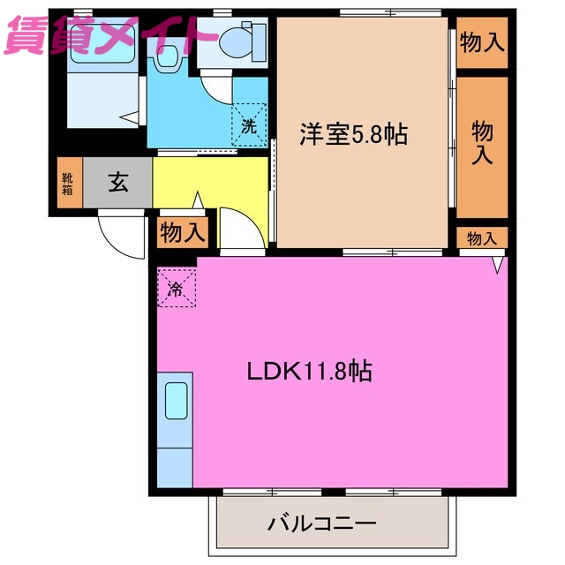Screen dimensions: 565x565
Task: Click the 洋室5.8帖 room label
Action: pyautogui.click(x=352, y=135)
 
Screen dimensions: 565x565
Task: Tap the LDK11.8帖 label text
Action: pyautogui.click(x=308, y=371)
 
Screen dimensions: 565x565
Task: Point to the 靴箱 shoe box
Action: pyautogui.click(x=68, y=184)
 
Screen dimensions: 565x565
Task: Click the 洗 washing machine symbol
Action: pyautogui.click(x=249, y=124)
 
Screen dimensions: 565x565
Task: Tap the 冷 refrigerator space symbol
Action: pyautogui.click(x=177, y=288)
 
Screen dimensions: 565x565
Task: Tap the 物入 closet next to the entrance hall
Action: pyautogui.click(x=183, y=233)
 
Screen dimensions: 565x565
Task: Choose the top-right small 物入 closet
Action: pyautogui.click(x=482, y=42)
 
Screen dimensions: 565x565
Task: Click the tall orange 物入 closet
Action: pyautogui.click(x=482, y=144)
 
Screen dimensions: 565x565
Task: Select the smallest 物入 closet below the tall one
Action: pyautogui.click(x=482, y=237)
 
